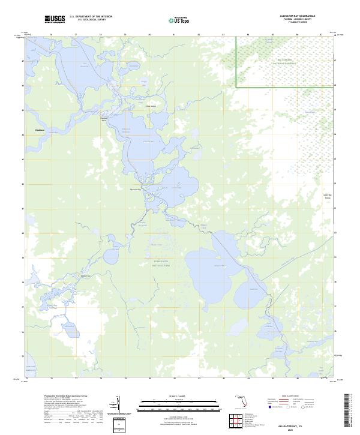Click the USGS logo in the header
[x=55, y=19]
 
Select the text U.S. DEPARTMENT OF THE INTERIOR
[x=91, y=17]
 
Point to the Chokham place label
[x=40, y=129]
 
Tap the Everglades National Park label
[x=160, y=263]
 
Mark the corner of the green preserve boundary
[x=236, y=88]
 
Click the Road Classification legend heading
[x=298, y=397]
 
